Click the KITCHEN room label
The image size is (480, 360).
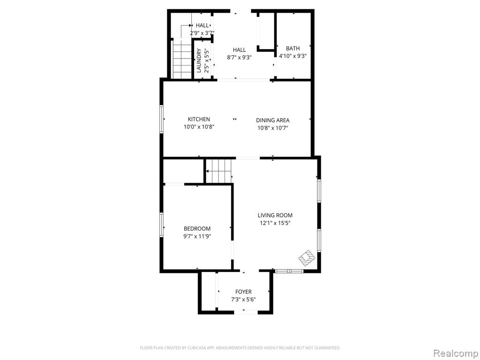coord(199,119)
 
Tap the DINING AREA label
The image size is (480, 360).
coord(272,120)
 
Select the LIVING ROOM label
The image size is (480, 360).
coord(275,215)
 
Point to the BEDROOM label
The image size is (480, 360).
coord(197,228)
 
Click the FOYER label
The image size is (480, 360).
coord(243,292)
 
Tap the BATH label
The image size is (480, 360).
coord(292,48)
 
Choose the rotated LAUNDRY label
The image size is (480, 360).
coord(199,60)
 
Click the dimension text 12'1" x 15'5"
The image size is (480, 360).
coord(275,223)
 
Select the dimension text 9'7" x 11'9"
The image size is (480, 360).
coord(197,236)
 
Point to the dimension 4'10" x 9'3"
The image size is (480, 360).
coord(292,56)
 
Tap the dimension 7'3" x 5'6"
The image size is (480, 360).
coord(243,300)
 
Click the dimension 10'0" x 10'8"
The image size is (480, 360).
coord(199,127)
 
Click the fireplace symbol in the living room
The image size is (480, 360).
coord(307,258)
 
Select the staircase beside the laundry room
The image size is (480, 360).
coord(182,58)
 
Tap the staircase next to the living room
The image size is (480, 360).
coord(218,171)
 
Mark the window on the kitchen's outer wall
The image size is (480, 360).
coord(161,119)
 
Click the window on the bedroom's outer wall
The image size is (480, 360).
coord(161,225)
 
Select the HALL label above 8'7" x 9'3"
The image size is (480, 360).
coord(239,50)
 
